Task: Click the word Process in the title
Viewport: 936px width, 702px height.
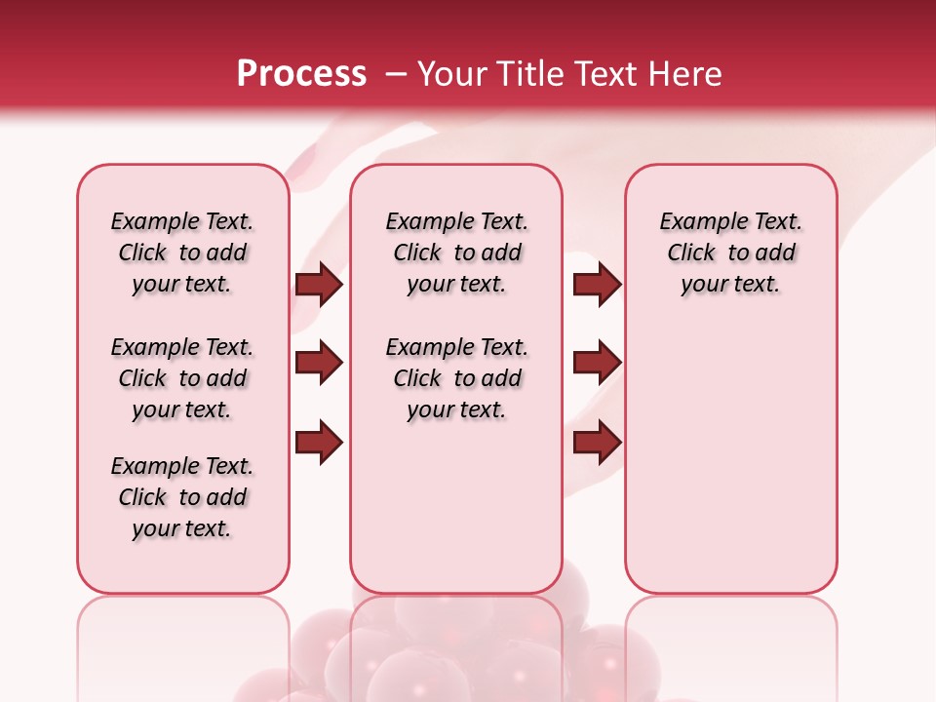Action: coord(301,74)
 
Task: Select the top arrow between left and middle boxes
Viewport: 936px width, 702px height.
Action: coord(319,285)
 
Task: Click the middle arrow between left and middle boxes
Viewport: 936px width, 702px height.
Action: coord(319,364)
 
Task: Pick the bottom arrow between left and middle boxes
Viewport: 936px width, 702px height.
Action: coord(319,443)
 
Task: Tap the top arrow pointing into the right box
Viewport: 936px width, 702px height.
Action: coord(597,285)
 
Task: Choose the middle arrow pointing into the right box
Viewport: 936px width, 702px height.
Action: coord(597,364)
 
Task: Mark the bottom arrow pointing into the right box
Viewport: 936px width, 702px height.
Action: coord(597,443)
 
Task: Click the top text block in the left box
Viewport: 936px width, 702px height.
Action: coord(182,253)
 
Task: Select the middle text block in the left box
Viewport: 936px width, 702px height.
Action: coord(182,378)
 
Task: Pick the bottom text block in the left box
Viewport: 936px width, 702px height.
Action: coord(182,497)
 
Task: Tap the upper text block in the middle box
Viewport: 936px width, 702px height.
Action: coord(456,253)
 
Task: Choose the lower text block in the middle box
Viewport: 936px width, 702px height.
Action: coord(456,378)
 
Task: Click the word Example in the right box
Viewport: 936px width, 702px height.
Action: coord(696,222)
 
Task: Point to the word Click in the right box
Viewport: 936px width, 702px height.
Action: coord(691,253)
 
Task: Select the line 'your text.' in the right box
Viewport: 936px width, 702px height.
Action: coord(730,285)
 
